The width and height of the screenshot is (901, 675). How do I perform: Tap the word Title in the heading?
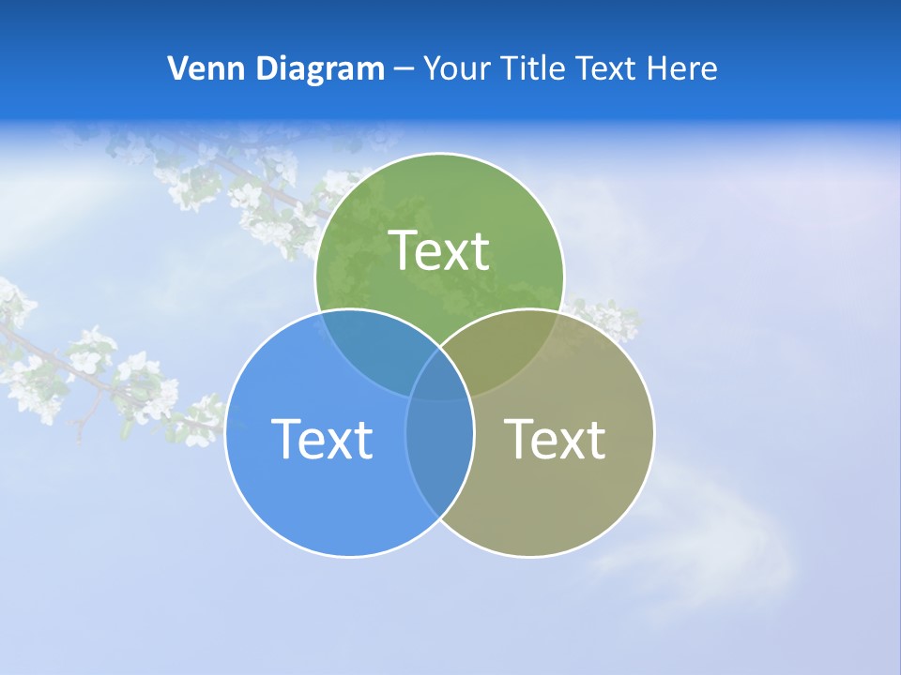pyautogui.click(x=535, y=68)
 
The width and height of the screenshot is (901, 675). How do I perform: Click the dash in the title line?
pyautogui.click(x=405, y=69)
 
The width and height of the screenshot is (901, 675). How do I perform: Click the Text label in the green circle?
pyautogui.click(x=439, y=251)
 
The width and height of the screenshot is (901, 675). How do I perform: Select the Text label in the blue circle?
pyautogui.click(x=321, y=439)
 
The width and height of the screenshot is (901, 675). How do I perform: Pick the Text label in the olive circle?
pyautogui.click(x=555, y=439)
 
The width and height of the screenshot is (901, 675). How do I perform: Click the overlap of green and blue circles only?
pyautogui.click(x=371, y=347)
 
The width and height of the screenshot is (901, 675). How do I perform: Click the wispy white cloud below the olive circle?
pyautogui.click(x=713, y=553)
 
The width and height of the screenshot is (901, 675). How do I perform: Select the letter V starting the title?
pyautogui.click(x=177, y=68)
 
